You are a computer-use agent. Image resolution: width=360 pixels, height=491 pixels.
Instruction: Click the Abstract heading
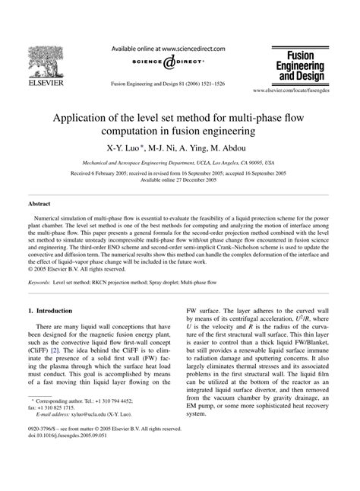click(39, 204)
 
